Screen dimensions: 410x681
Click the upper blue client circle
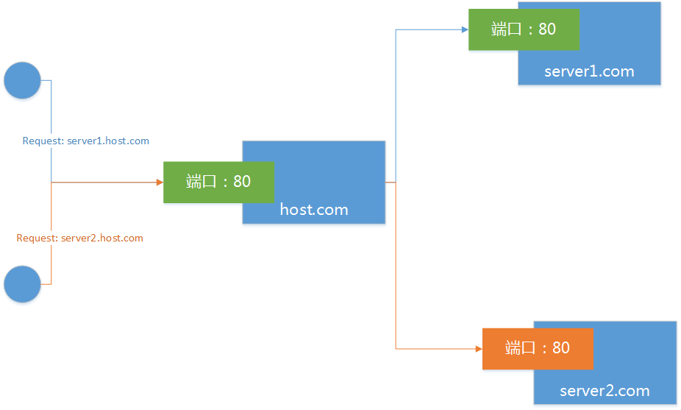click(x=22, y=80)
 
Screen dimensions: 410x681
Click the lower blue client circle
click(x=22, y=284)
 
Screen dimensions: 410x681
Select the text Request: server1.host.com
click(x=86, y=141)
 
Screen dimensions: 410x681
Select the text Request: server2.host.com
click(x=80, y=238)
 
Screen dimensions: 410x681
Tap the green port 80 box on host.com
click(x=218, y=182)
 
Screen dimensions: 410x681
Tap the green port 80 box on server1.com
click(x=523, y=29)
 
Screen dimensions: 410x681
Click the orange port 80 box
click(x=538, y=348)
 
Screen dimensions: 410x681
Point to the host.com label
click(x=314, y=210)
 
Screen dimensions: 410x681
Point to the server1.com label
click(x=589, y=71)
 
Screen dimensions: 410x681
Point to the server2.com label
click(x=605, y=391)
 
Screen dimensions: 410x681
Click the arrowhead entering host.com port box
click(x=159, y=182)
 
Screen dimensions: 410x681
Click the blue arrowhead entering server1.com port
click(x=464, y=29)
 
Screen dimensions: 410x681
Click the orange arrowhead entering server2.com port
click(x=478, y=348)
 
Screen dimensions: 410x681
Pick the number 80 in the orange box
click(x=560, y=348)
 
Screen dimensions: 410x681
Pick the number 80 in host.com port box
click(x=242, y=182)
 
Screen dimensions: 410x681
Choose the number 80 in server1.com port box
click(x=546, y=29)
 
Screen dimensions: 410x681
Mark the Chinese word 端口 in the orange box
click(x=520, y=348)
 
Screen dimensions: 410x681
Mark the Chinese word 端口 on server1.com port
click(x=506, y=29)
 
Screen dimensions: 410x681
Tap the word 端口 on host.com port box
click(x=201, y=182)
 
